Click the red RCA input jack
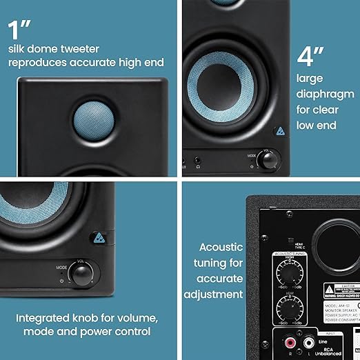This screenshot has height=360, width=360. (290, 342)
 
